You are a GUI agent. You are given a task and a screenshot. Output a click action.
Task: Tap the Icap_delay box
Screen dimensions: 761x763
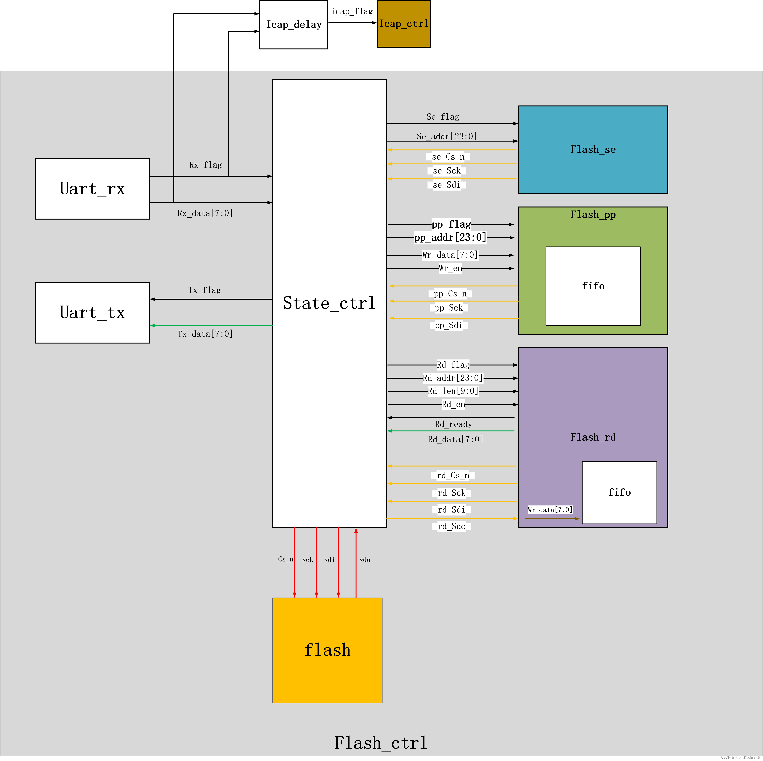(294, 25)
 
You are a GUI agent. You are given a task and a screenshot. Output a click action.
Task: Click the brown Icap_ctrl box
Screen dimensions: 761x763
(404, 24)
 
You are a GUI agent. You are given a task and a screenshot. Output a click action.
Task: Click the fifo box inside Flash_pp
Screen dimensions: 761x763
(593, 286)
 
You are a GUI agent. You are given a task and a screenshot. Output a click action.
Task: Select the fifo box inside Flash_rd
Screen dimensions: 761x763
(619, 492)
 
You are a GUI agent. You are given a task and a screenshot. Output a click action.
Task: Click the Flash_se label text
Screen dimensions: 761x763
(593, 149)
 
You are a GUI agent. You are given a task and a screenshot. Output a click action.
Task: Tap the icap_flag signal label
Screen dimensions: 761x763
(352, 12)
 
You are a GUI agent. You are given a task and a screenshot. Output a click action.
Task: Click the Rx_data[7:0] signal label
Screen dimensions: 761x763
(205, 213)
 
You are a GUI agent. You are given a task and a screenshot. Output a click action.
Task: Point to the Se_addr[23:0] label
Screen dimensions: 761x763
(447, 136)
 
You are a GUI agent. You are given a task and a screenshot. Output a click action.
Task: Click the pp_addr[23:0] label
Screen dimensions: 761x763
(450, 237)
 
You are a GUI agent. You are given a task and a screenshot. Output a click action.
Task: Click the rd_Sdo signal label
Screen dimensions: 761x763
(451, 526)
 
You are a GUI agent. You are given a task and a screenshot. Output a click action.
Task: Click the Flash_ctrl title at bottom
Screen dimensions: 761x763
(381, 743)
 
